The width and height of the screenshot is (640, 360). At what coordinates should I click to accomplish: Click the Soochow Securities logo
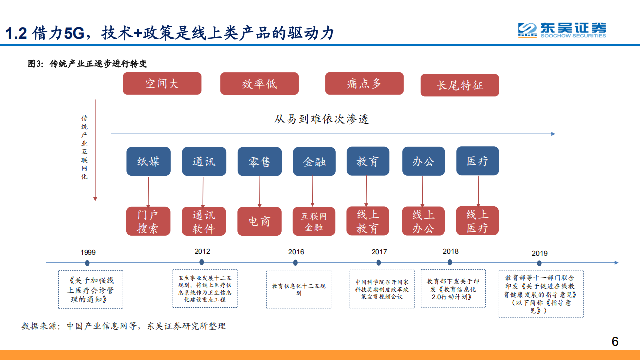point(562,30)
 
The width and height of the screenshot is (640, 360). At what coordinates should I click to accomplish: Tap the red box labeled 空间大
point(162,83)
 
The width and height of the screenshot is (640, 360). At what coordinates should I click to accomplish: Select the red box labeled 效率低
point(259,83)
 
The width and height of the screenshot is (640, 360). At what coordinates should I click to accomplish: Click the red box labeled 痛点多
point(364,83)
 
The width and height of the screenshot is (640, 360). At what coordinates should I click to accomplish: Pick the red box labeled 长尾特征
point(460,85)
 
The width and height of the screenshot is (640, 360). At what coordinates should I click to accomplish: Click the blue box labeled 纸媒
point(148,161)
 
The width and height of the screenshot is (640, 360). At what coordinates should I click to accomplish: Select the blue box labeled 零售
point(259,161)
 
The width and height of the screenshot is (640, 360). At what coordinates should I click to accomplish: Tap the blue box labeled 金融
point(314,161)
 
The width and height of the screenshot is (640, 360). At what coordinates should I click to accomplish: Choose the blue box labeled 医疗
point(477,161)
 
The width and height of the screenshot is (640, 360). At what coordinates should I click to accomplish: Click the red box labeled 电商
point(259,221)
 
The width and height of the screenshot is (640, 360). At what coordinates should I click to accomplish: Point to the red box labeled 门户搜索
point(148,221)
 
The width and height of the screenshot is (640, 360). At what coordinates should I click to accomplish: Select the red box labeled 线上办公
point(423,221)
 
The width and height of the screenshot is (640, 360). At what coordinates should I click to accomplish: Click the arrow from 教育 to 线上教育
point(366,191)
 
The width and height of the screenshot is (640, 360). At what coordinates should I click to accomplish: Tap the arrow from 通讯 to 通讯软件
point(203,191)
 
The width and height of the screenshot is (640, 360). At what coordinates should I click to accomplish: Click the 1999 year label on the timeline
point(88,252)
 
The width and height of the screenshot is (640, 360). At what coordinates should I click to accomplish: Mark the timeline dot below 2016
point(296,263)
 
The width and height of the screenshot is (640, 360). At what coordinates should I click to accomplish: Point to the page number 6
point(615,342)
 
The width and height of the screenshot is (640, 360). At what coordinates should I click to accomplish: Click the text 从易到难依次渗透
point(322,119)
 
